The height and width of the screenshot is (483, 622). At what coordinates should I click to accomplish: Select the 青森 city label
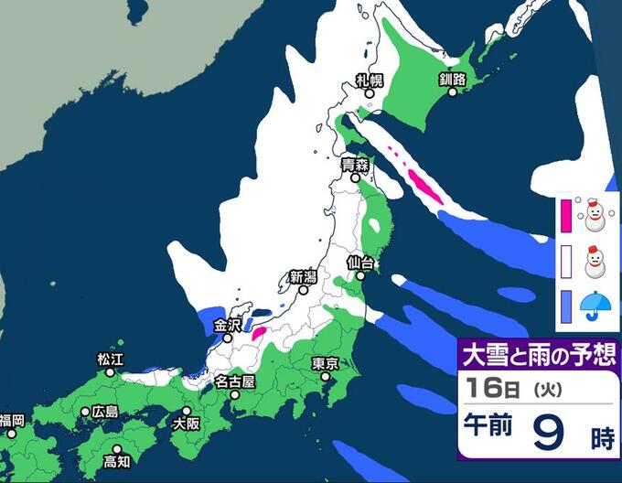pyautogui.click(x=355, y=166)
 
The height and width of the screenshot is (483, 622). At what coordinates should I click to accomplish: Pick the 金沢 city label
pyautogui.click(x=227, y=325)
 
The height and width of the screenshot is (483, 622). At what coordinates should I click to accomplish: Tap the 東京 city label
pyautogui.click(x=326, y=363)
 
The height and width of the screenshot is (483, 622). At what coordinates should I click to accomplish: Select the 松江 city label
pyautogui.click(x=110, y=360)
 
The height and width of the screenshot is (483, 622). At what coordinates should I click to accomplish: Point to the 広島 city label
pyautogui.click(x=104, y=411)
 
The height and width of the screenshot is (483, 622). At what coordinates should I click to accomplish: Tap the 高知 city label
pyautogui.click(x=117, y=461)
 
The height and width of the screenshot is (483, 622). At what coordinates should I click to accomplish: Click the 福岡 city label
pyautogui.click(x=13, y=420)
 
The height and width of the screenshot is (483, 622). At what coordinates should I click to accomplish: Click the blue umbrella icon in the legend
pyautogui.click(x=595, y=305)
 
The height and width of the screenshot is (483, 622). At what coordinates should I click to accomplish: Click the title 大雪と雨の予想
pyautogui.click(x=540, y=353)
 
